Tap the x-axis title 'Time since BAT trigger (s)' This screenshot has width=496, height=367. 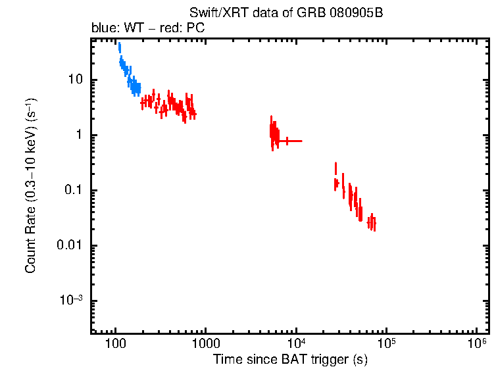pyautogui.click(x=289, y=359)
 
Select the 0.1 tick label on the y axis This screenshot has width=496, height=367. pyautogui.click(x=73, y=191)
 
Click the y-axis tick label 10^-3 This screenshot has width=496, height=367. pyautogui.click(x=72, y=301)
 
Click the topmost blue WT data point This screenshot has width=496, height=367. pyautogui.click(x=119, y=47)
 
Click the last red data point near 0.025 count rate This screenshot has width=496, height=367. pyautogui.click(x=374, y=225)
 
